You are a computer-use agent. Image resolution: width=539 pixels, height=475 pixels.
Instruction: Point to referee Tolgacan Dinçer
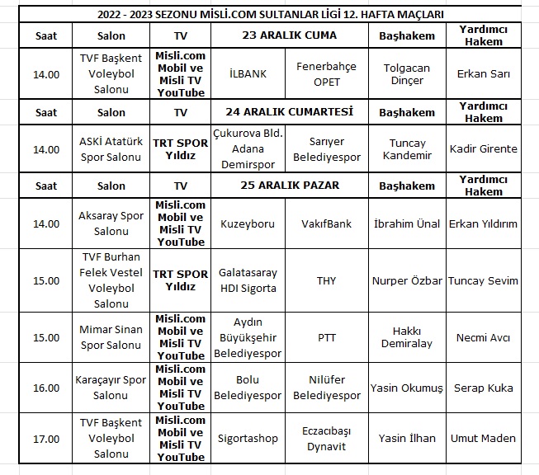[x=407, y=74]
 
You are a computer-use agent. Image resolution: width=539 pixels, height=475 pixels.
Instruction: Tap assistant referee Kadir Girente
[x=484, y=148]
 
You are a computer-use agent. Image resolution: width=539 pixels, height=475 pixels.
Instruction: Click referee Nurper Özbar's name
[x=407, y=280]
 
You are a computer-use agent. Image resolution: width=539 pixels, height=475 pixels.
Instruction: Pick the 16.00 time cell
[x=45, y=388]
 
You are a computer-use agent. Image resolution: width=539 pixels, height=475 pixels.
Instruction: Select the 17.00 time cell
[x=45, y=439]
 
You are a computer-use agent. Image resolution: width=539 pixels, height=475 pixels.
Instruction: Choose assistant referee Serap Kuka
[x=484, y=388]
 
